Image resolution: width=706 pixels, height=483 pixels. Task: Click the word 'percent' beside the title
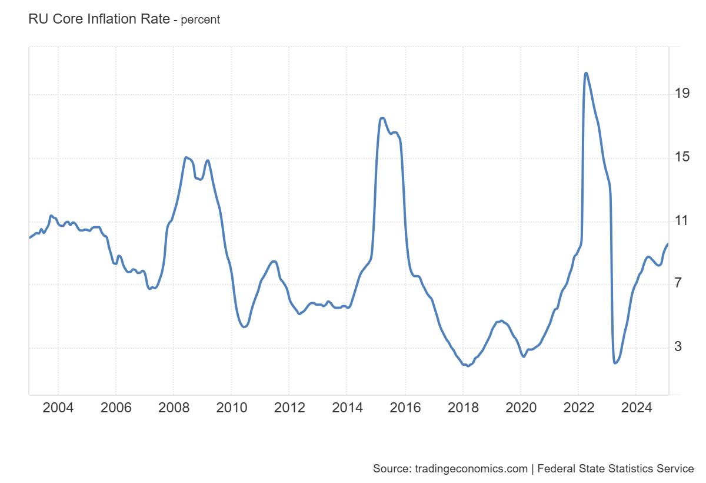(x=200, y=19)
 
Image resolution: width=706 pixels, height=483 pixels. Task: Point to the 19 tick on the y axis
(x=682, y=94)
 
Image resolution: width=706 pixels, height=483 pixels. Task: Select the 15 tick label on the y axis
(x=682, y=158)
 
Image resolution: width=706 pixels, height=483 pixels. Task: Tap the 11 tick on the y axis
(x=682, y=221)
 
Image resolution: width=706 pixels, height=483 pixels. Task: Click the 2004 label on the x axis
(x=58, y=408)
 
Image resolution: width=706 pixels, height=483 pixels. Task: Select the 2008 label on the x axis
(x=174, y=408)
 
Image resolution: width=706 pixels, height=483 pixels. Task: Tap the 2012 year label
(x=289, y=408)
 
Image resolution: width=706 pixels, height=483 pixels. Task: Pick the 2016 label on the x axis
(x=405, y=408)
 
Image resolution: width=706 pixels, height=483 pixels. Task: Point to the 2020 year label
(x=520, y=408)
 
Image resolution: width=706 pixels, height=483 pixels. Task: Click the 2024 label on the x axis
(x=635, y=408)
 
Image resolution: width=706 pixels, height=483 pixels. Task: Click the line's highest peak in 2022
(x=586, y=73)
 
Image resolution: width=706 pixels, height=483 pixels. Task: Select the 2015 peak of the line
(x=382, y=118)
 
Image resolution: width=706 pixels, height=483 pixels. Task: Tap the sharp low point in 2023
(x=615, y=363)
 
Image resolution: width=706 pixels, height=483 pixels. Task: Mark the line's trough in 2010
(x=245, y=327)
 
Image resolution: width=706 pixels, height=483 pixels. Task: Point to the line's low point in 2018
(x=468, y=366)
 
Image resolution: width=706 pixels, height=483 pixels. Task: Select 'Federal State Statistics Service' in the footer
(x=616, y=469)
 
